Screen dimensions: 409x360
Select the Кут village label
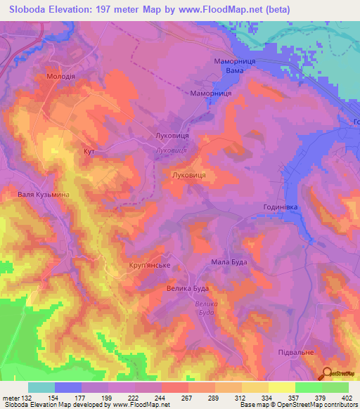[89, 151]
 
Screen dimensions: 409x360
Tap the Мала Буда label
[229, 262]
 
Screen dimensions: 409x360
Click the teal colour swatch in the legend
[41, 387]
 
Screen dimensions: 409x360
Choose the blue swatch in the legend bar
[68, 387]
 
